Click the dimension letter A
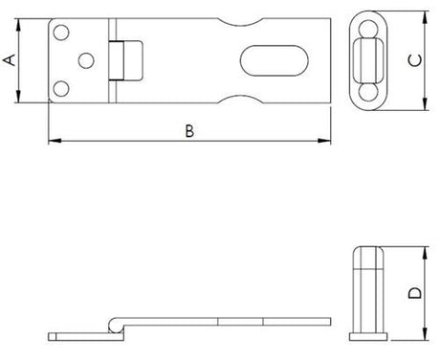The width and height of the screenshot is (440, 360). pos(10,59)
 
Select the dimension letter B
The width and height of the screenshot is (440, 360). pos(189,132)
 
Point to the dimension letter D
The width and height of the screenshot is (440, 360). pos(414,294)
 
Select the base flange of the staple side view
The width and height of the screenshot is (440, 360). pos(368,336)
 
